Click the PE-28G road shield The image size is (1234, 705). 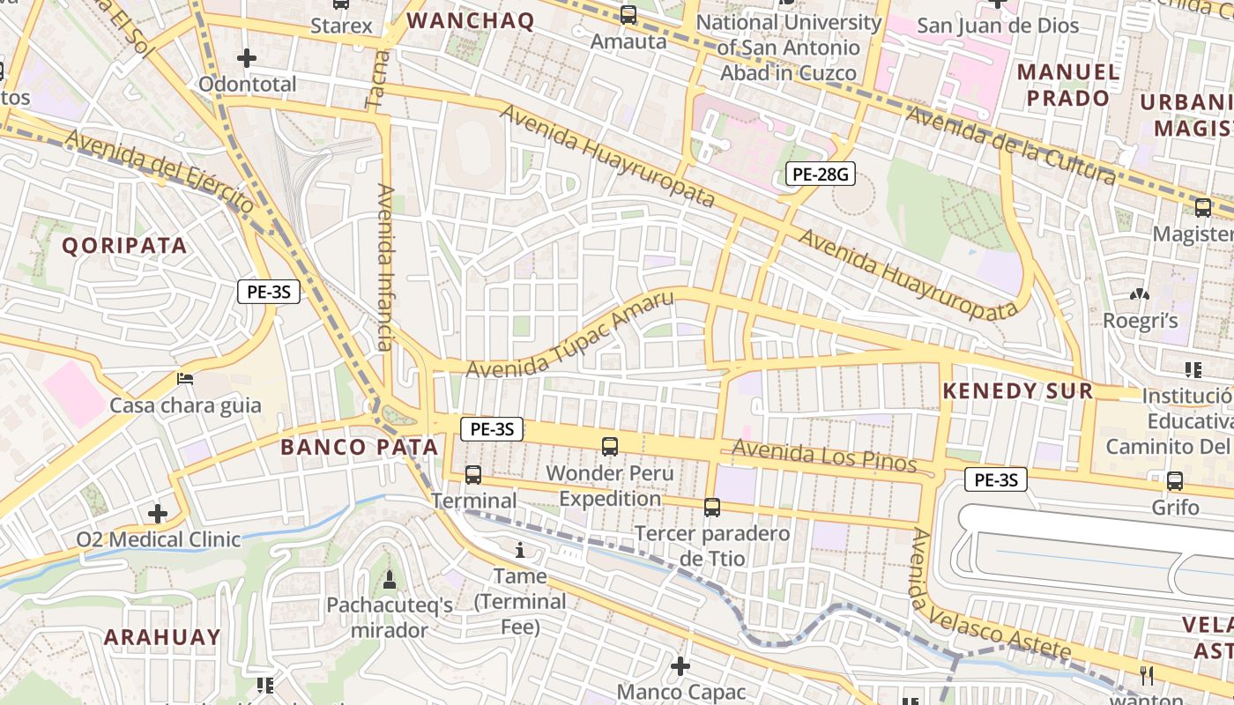pyautogui.click(x=821, y=174)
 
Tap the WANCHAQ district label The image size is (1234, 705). pyautogui.click(x=472, y=21)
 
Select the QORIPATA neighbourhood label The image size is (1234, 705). pyautogui.click(x=124, y=246)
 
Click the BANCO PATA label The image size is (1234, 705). pyautogui.click(x=359, y=447)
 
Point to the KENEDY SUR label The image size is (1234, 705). pyautogui.click(x=1018, y=391)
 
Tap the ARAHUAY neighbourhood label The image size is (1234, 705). pyautogui.click(x=162, y=637)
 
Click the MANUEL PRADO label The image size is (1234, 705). pyautogui.click(x=1068, y=85)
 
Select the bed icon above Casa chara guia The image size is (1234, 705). pyautogui.click(x=185, y=379)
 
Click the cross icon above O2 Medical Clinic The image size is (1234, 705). pyautogui.click(x=158, y=513)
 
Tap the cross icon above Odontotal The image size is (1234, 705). pyautogui.click(x=247, y=58)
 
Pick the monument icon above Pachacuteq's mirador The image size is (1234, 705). pyautogui.click(x=389, y=579)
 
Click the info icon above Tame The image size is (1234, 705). pyautogui.click(x=520, y=551)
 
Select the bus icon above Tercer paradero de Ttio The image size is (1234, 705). pyautogui.click(x=712, y=508)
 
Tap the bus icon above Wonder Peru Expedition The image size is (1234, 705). pyautogui.click(x=610, y=446)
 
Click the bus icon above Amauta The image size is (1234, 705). pyautogui.click(x=628, y=15)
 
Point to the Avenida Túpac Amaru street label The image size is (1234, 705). pyautogui.click(x=569, y=335)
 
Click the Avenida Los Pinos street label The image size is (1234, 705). pyautogui.click(x=824, y=456)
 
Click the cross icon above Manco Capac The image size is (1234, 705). pyautogui.click(x=680, y=665)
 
